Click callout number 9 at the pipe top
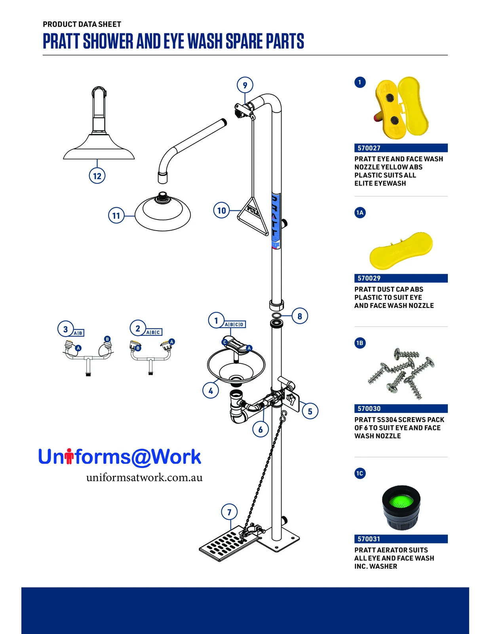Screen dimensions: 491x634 [245, 85]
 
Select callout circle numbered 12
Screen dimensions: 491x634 [97, 176]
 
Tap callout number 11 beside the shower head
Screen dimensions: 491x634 [116, 215]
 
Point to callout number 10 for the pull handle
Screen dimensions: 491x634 [221, 210]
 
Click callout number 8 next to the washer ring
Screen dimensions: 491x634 [299, 316]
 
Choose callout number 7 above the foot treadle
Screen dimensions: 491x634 [229, 512]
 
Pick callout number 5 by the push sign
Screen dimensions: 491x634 [310, 411]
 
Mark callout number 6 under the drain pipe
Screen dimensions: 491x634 [261, 429]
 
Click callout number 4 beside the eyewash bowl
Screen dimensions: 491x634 [211, 391]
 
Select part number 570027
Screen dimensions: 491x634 [369, 148]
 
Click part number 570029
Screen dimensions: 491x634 [369, 278]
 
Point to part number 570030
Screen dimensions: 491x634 [369, 409]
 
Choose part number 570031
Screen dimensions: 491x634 [369, 539]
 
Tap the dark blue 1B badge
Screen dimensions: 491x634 [360, 343]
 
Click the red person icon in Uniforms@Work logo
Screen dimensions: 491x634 [69, 456]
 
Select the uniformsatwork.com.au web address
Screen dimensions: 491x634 [144, 477]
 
